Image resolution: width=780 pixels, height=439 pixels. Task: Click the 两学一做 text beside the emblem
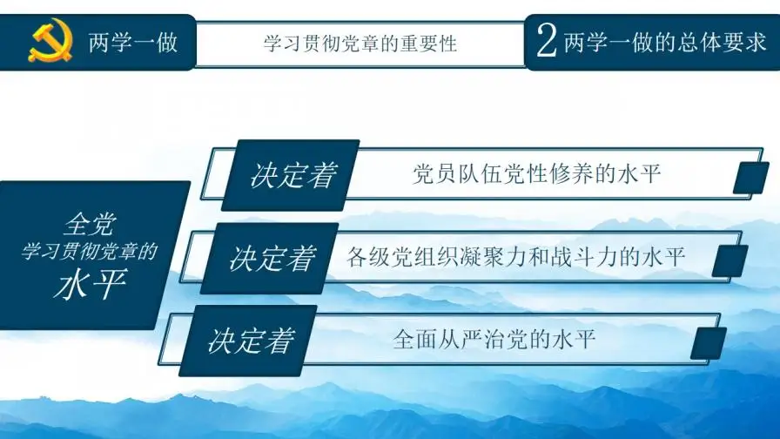coord(133,42)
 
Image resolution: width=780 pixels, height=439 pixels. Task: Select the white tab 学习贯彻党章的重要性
coord(360,43)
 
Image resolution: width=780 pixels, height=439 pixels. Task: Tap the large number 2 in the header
coord(547,42)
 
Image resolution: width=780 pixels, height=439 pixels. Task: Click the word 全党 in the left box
coord(91,226)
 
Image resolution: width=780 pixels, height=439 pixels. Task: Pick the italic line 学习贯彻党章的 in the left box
coord(91,253)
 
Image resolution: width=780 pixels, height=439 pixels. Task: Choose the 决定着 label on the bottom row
coord(251,341)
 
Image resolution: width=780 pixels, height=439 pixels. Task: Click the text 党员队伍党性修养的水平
coord(536,173)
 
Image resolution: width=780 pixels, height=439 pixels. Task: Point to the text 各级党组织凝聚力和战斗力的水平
coord(516,257)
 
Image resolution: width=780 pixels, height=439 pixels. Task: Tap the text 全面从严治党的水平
coord(494,339)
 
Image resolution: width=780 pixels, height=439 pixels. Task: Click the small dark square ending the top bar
coord(750,177)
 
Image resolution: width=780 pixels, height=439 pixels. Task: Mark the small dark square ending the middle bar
coord(730,260)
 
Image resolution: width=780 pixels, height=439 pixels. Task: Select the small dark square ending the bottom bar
coord(709,343)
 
